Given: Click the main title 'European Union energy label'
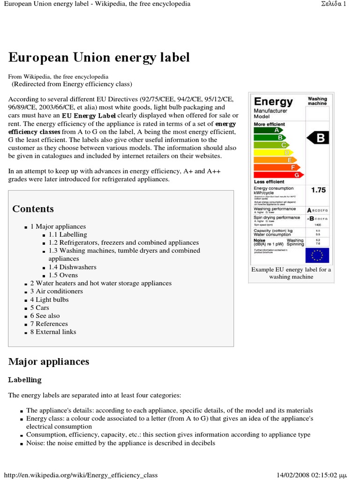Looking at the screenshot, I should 99,58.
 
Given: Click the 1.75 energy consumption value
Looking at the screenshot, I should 318,190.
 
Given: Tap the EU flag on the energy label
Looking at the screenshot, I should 317,255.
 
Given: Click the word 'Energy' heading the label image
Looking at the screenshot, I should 273,101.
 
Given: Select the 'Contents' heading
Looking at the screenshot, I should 33,209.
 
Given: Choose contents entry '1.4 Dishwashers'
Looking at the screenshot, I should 72,267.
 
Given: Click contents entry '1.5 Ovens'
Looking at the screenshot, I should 63,275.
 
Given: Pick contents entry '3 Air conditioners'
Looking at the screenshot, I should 56,291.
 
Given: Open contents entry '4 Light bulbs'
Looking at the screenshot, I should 49,300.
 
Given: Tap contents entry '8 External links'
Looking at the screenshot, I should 53,332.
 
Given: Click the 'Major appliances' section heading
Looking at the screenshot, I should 49,361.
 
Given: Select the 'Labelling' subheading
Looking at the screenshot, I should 25,380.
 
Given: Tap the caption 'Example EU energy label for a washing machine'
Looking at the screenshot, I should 291,273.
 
